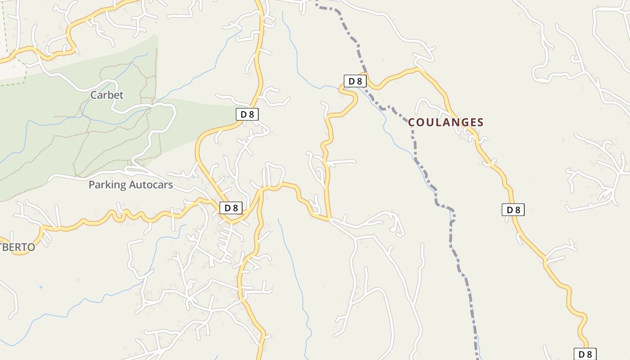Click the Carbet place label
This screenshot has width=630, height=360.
(x=107, y=95)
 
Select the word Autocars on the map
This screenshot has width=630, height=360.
(x=151, y=184)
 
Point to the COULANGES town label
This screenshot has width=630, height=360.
(x=445, y=122)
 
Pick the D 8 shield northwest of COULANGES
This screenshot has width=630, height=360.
(x=355, y=81)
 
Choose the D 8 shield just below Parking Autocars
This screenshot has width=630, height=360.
(x=231, y=208)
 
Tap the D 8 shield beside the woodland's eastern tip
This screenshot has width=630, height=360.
(x=247, y=114)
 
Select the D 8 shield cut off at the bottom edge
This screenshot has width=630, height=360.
(x=585, y=354)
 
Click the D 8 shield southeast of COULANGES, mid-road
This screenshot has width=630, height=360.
(x=513, y=210)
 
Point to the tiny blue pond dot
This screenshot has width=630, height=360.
(x=41, y=287)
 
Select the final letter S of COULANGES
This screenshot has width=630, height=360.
(x=480, y=122)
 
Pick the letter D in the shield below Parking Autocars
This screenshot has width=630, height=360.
(x=227, y=208)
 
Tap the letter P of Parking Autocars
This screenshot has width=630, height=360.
(x=92, y=184)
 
